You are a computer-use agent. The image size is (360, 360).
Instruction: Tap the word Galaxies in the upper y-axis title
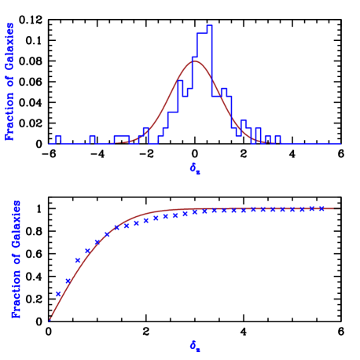10,47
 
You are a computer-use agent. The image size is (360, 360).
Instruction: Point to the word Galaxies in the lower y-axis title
17,225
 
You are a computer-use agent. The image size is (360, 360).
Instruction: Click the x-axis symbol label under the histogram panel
195,168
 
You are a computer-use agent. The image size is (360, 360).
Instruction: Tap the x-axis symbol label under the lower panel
195,345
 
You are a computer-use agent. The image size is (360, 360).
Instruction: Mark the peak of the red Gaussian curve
196,61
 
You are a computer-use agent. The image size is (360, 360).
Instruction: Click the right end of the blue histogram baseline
340,143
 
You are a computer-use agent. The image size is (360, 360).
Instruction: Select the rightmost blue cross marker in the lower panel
321,208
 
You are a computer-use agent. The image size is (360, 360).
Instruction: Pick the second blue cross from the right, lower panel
311,208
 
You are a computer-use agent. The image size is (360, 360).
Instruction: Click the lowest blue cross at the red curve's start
50,318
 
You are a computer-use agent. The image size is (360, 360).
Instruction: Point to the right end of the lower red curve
338,208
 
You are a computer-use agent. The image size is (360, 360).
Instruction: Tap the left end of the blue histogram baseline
50,143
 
